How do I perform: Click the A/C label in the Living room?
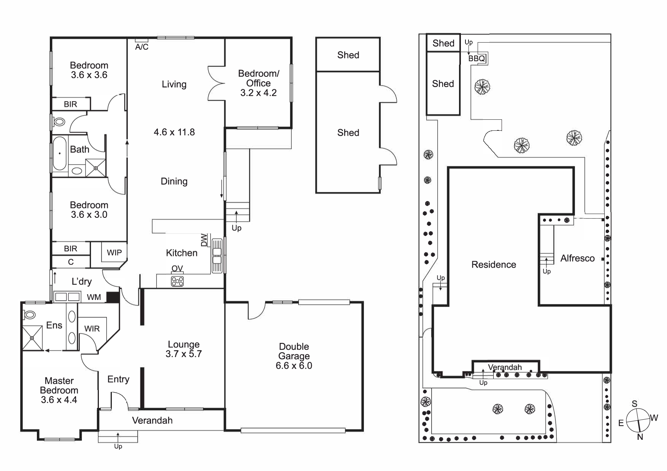142,47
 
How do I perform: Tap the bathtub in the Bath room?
60,153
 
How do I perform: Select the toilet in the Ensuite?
29,315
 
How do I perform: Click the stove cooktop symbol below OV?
177,281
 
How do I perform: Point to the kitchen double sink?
217,255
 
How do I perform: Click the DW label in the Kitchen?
204,240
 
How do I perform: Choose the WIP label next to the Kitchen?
114,253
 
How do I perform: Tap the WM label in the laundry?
94,297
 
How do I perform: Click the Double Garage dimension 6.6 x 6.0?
294,366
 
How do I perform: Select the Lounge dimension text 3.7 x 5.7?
184,354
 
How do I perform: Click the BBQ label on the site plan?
477,59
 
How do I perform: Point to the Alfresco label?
578,258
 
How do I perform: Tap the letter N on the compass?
640,437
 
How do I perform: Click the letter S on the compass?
634,404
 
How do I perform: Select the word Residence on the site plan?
494,265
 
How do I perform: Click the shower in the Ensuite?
32,338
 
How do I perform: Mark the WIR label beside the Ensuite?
92,329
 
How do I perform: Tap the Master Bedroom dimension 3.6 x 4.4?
59,400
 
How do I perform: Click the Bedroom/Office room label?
259,78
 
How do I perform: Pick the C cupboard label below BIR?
71,262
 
